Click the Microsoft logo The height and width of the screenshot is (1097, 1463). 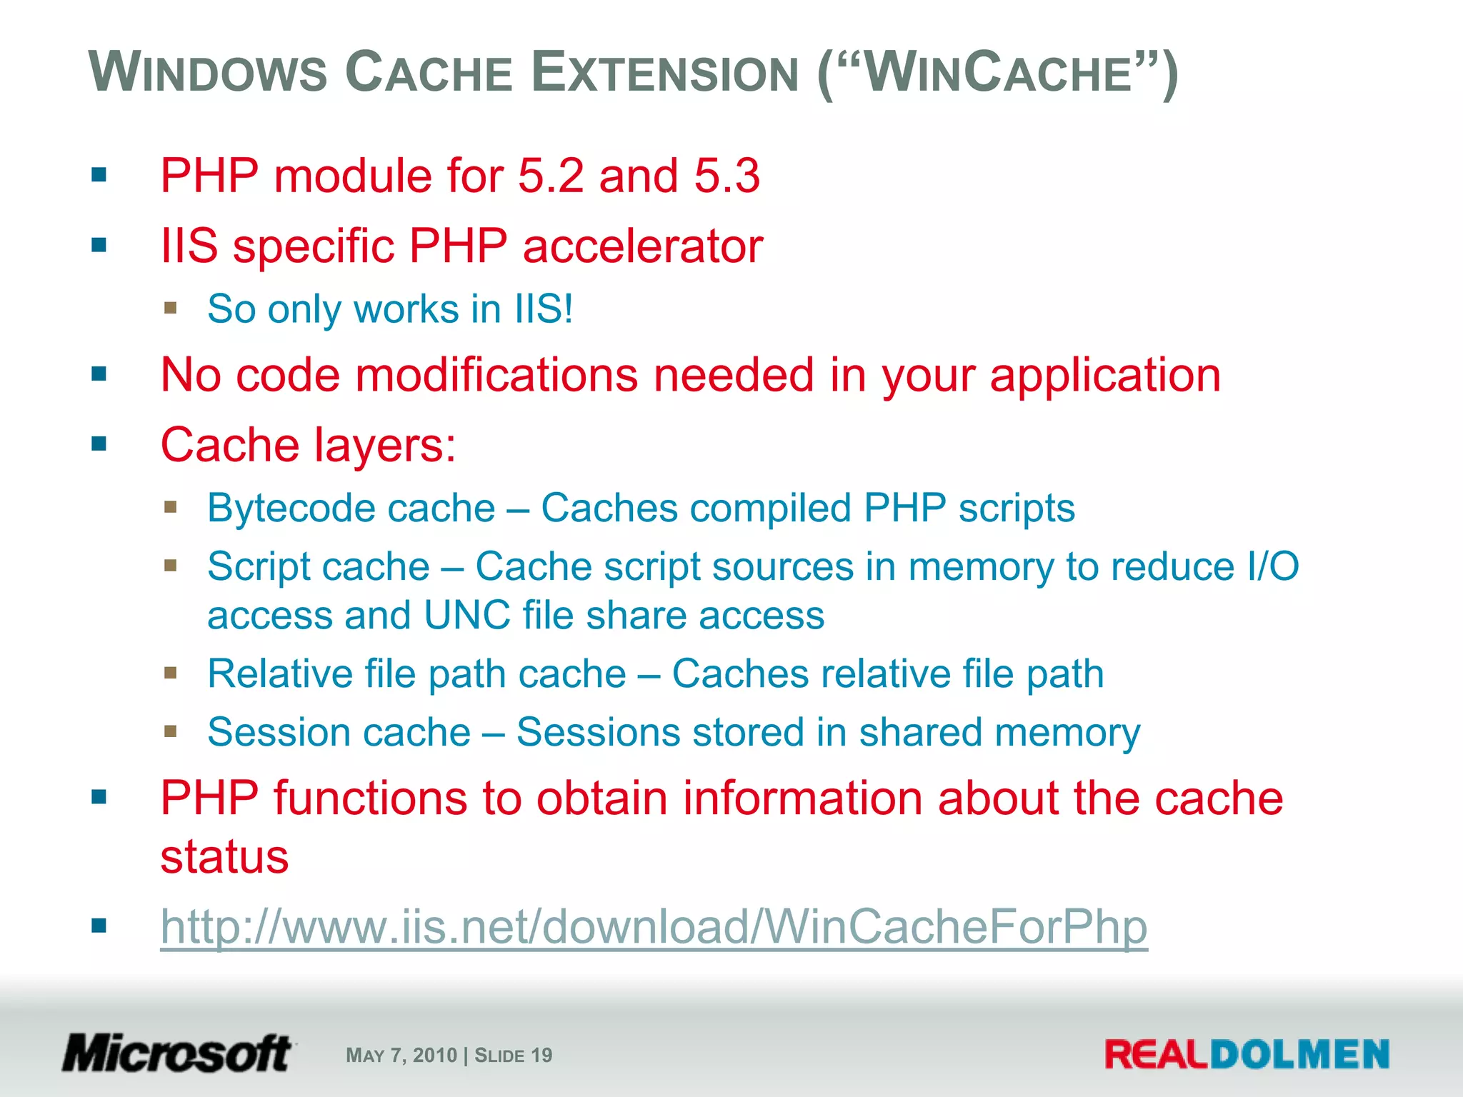[x=177, y=1053]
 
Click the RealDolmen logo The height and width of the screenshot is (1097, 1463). [x=1247, y=1055]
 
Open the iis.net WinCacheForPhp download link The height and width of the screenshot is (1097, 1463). [x=654, y=926]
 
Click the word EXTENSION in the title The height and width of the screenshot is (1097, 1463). [x=665, y=73]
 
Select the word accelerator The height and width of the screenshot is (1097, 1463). [x=642, y=246]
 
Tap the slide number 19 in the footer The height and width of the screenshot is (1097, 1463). [x=541, y=1055]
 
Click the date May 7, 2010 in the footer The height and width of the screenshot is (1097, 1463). [x=401, y=1055]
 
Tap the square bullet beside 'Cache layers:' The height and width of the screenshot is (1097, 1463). [x=99, y=444]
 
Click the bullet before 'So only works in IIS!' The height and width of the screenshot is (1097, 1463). [x=170, y=309]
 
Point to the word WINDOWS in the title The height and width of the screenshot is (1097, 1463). [x=208, y=73]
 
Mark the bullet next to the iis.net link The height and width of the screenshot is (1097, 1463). [x=99, y=926]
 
